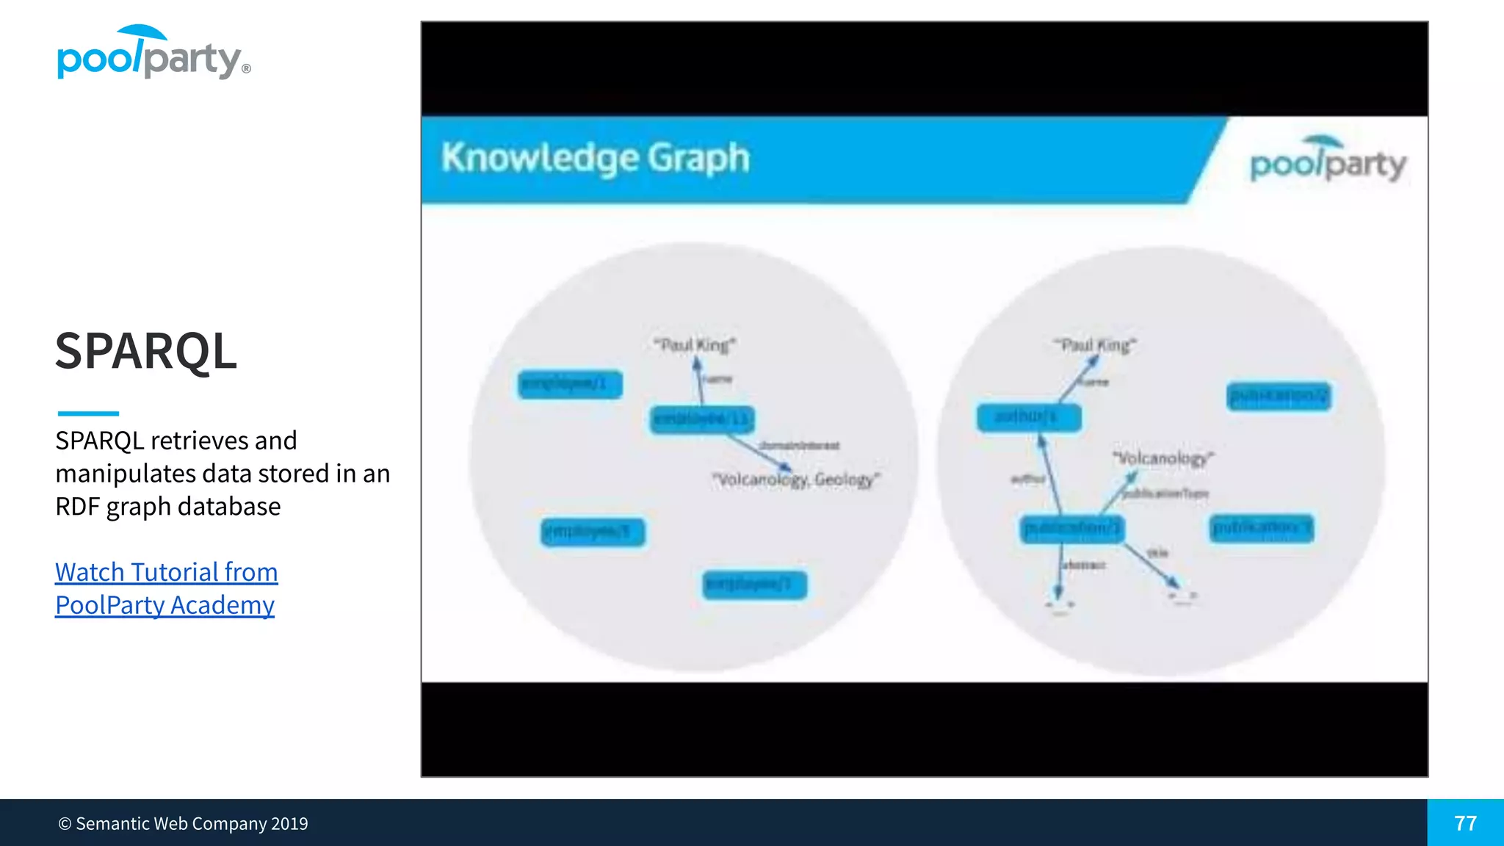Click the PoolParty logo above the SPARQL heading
(153, 53)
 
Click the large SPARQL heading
(145, 351)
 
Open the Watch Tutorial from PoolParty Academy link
(166, 588)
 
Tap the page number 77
(1465, 823)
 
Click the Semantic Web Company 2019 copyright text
(183, 824)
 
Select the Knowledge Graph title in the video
(595, 158)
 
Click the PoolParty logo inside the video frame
(1328, 160)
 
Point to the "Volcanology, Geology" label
(796, 480)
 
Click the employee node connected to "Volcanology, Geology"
(701, 419)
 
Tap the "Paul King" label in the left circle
(695, 345)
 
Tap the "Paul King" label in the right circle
(1095, 345)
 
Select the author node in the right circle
(1028, 418)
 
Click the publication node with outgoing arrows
(1071, 528)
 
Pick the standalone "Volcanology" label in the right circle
(1163, 459)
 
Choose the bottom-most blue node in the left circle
(754, 585)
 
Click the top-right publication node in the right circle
(1279, 397)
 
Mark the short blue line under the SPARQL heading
(88, 413)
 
